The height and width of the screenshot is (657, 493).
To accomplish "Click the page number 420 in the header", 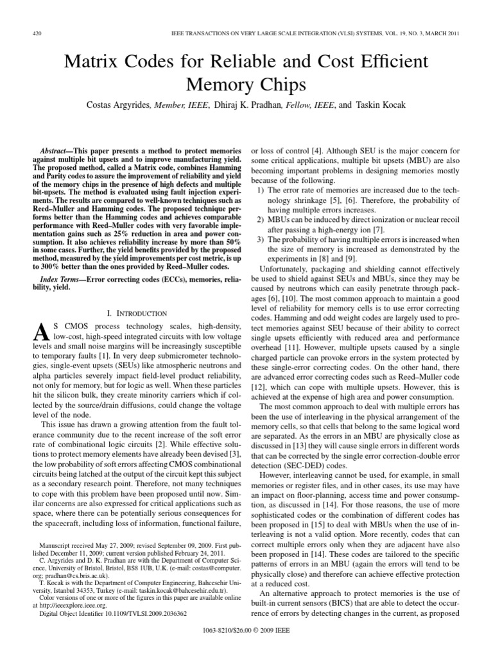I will point(37,33).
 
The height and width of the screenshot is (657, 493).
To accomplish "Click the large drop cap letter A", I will point(41,332).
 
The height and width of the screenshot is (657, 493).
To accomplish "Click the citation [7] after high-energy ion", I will point(379,230).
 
